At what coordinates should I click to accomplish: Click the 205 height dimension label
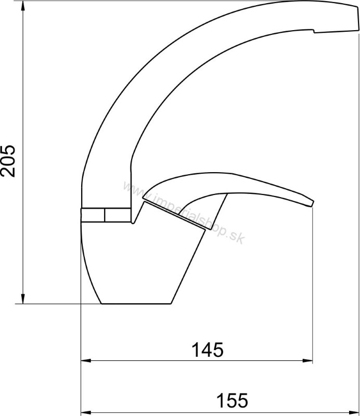click(8, 161)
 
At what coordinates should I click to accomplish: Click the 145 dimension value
click(208, 349)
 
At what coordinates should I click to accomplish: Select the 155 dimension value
click(233, 400)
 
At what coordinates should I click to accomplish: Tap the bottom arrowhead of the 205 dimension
click(23, 298)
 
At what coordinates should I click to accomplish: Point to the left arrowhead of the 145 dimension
click(85, 361)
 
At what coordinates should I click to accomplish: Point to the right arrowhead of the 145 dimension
click(307, 361)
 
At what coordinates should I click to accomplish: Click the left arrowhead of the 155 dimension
click(85, 413)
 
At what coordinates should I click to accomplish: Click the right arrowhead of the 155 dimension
click(355, 413)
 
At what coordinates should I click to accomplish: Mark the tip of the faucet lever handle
click(312, 203)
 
